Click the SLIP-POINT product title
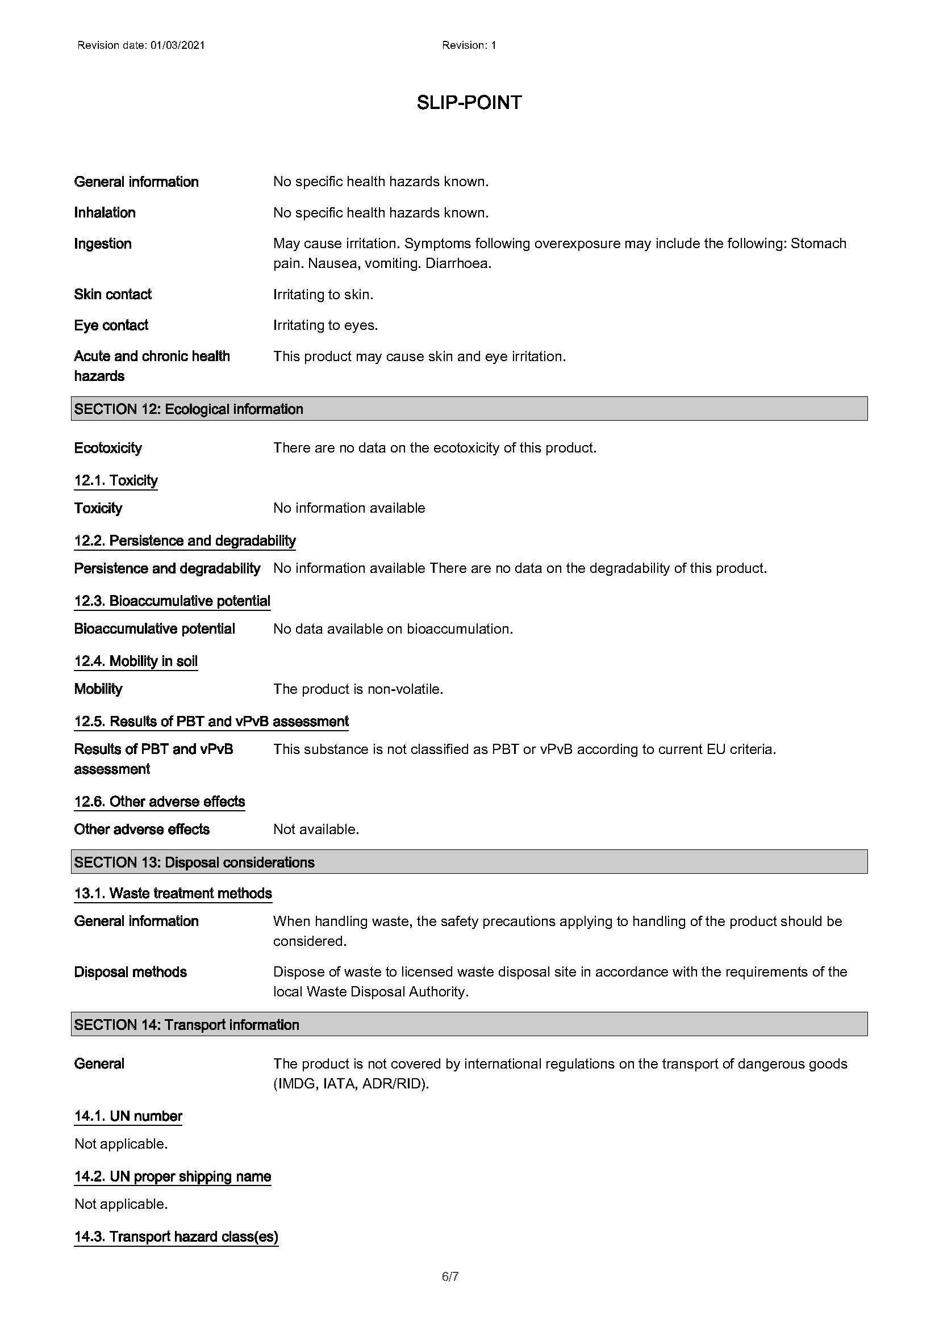tap(469, 103)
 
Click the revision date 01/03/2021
tap(178, 45)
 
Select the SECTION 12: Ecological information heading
tap(189, 409)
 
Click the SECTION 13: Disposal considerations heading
tap(194, 862)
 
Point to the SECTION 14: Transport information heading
tap(187, 1025)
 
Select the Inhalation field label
tap(105, 213)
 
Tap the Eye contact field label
tap(111, 325)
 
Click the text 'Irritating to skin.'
tap(323, 295)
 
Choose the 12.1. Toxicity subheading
tap(116, 481)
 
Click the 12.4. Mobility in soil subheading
tap(136, 661)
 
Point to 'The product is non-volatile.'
tap(358, 689)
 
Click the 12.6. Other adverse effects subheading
tap(160, 802)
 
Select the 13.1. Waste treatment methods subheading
tap(173, 893)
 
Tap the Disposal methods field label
tap(130, 972)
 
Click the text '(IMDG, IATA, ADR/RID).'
tap(351, 1083)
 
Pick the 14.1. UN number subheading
tap(128, 1116)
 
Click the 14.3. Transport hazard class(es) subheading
tap(177, 1237)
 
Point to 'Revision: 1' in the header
tap(469, 45)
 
